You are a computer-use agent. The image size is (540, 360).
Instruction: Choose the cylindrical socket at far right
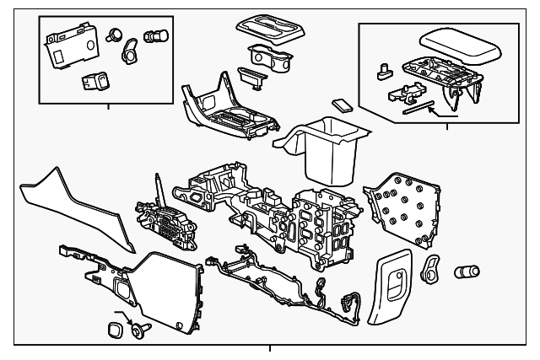(467, 272)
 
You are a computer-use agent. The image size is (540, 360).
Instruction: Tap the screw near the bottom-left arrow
(136, 331)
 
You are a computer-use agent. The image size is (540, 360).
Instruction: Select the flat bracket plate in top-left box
(67, 43)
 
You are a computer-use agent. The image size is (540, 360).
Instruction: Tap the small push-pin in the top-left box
(114, 35)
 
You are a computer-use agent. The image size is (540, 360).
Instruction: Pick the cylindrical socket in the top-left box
(154, 37)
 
